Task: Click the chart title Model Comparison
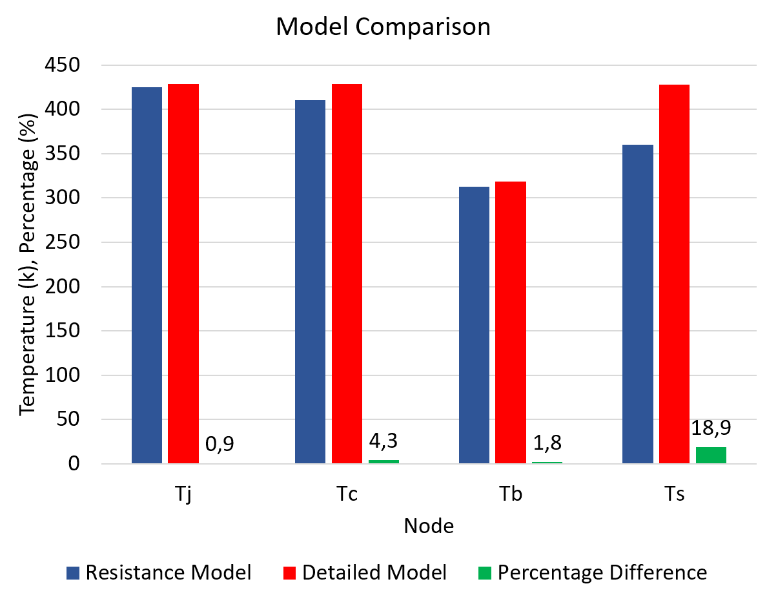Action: [383, 27]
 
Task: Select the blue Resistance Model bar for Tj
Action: [147, 275]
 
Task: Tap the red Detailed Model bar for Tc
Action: [347, 274]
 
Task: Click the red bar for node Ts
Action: [674, 274]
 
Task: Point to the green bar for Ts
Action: [711, 456]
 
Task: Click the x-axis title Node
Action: [429, 526]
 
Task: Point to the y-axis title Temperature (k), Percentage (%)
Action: [28, 265]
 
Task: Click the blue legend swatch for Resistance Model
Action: [73, 572]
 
